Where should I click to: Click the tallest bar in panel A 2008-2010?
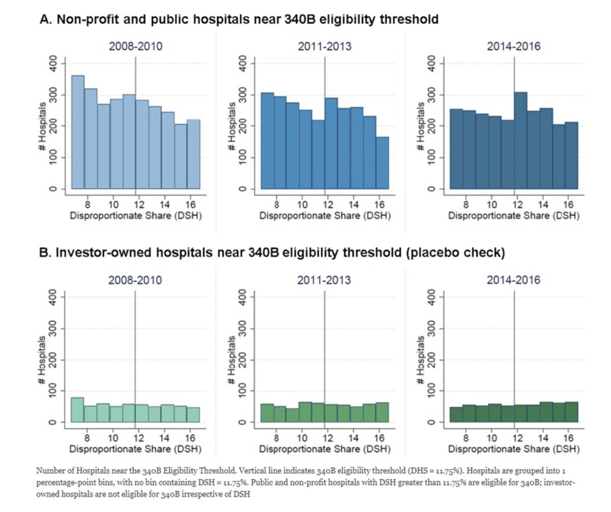point(78,132)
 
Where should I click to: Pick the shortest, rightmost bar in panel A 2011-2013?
point(382,163)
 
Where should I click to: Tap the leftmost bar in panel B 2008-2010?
point(77,410)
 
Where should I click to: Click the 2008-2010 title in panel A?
point(135,47)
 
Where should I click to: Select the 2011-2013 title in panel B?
point(324,280)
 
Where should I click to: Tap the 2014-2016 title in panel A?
point(514,47)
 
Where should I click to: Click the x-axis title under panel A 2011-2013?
point(324,215)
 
